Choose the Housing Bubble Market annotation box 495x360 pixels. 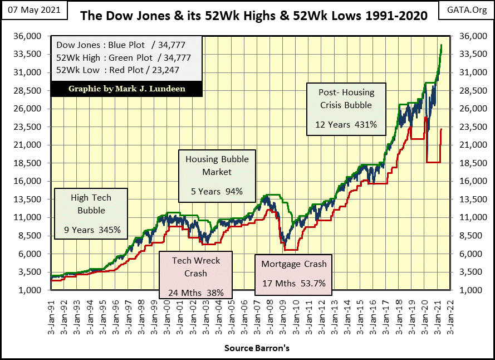217,176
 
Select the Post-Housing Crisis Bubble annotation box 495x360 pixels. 346,109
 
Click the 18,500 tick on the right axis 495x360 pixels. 470,163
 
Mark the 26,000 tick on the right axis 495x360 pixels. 470,109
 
